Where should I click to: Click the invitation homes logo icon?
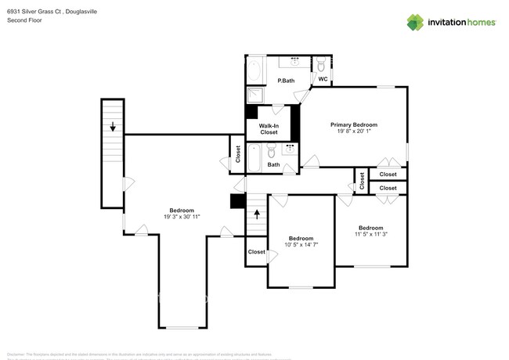click(x=416, y=22)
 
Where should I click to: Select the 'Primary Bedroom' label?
click(x=354, y=124)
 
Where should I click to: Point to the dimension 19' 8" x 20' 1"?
click(x=354, y=131)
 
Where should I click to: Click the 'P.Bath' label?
click(x=286, y=81)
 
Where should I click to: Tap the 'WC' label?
click(x=322, y=79)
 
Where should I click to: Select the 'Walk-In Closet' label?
click(x=269, y=129)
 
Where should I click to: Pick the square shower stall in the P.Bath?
click(x=255, y=95)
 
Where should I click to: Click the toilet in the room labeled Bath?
click(x=289, y=164)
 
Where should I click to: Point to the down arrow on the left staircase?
click(x=113, y=126)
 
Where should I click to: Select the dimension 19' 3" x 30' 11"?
click(x=183, y=217)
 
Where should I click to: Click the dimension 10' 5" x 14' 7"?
click(x=301, y=245)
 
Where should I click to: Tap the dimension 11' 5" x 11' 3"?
click(x=370, y=233)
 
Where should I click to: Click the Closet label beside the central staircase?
click(x=256, y=252)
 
